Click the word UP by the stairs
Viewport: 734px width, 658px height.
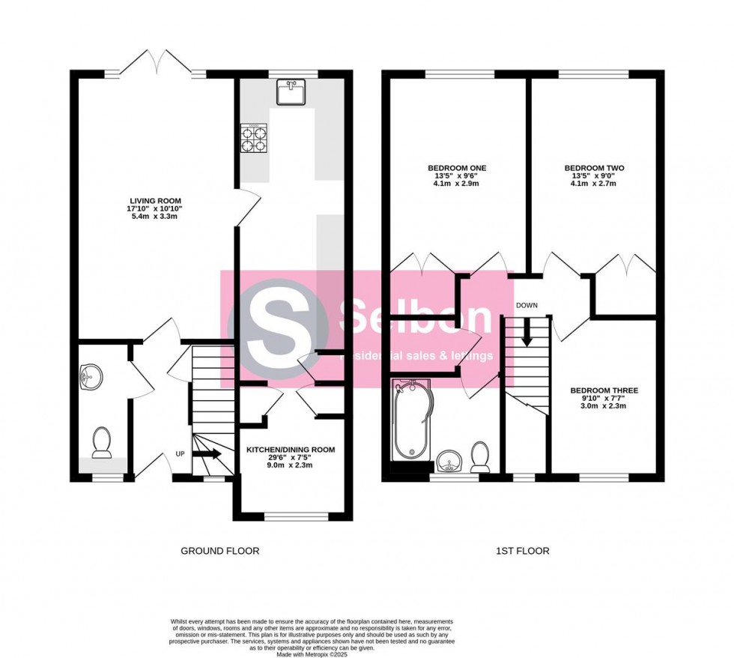pos(180,454)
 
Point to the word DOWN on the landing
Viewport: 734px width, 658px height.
pos(527,305)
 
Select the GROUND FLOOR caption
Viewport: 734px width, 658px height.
pos(220,551)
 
